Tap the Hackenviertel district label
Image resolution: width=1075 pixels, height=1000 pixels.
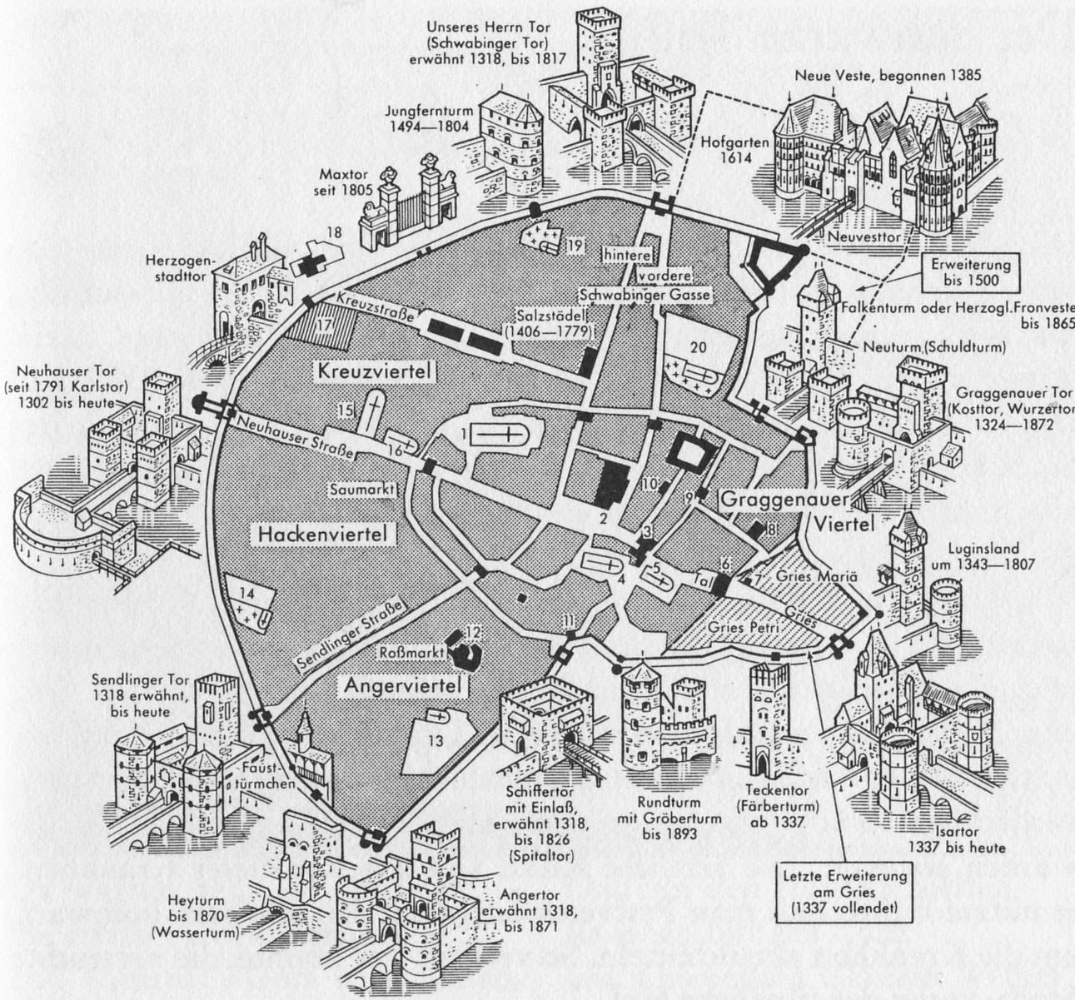(x=312, y=534)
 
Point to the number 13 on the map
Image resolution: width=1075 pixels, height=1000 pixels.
(x=435, y=739)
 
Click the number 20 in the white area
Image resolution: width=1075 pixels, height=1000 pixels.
(x=699, y=348)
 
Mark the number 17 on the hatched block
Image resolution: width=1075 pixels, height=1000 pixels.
(x=322, y=326)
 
